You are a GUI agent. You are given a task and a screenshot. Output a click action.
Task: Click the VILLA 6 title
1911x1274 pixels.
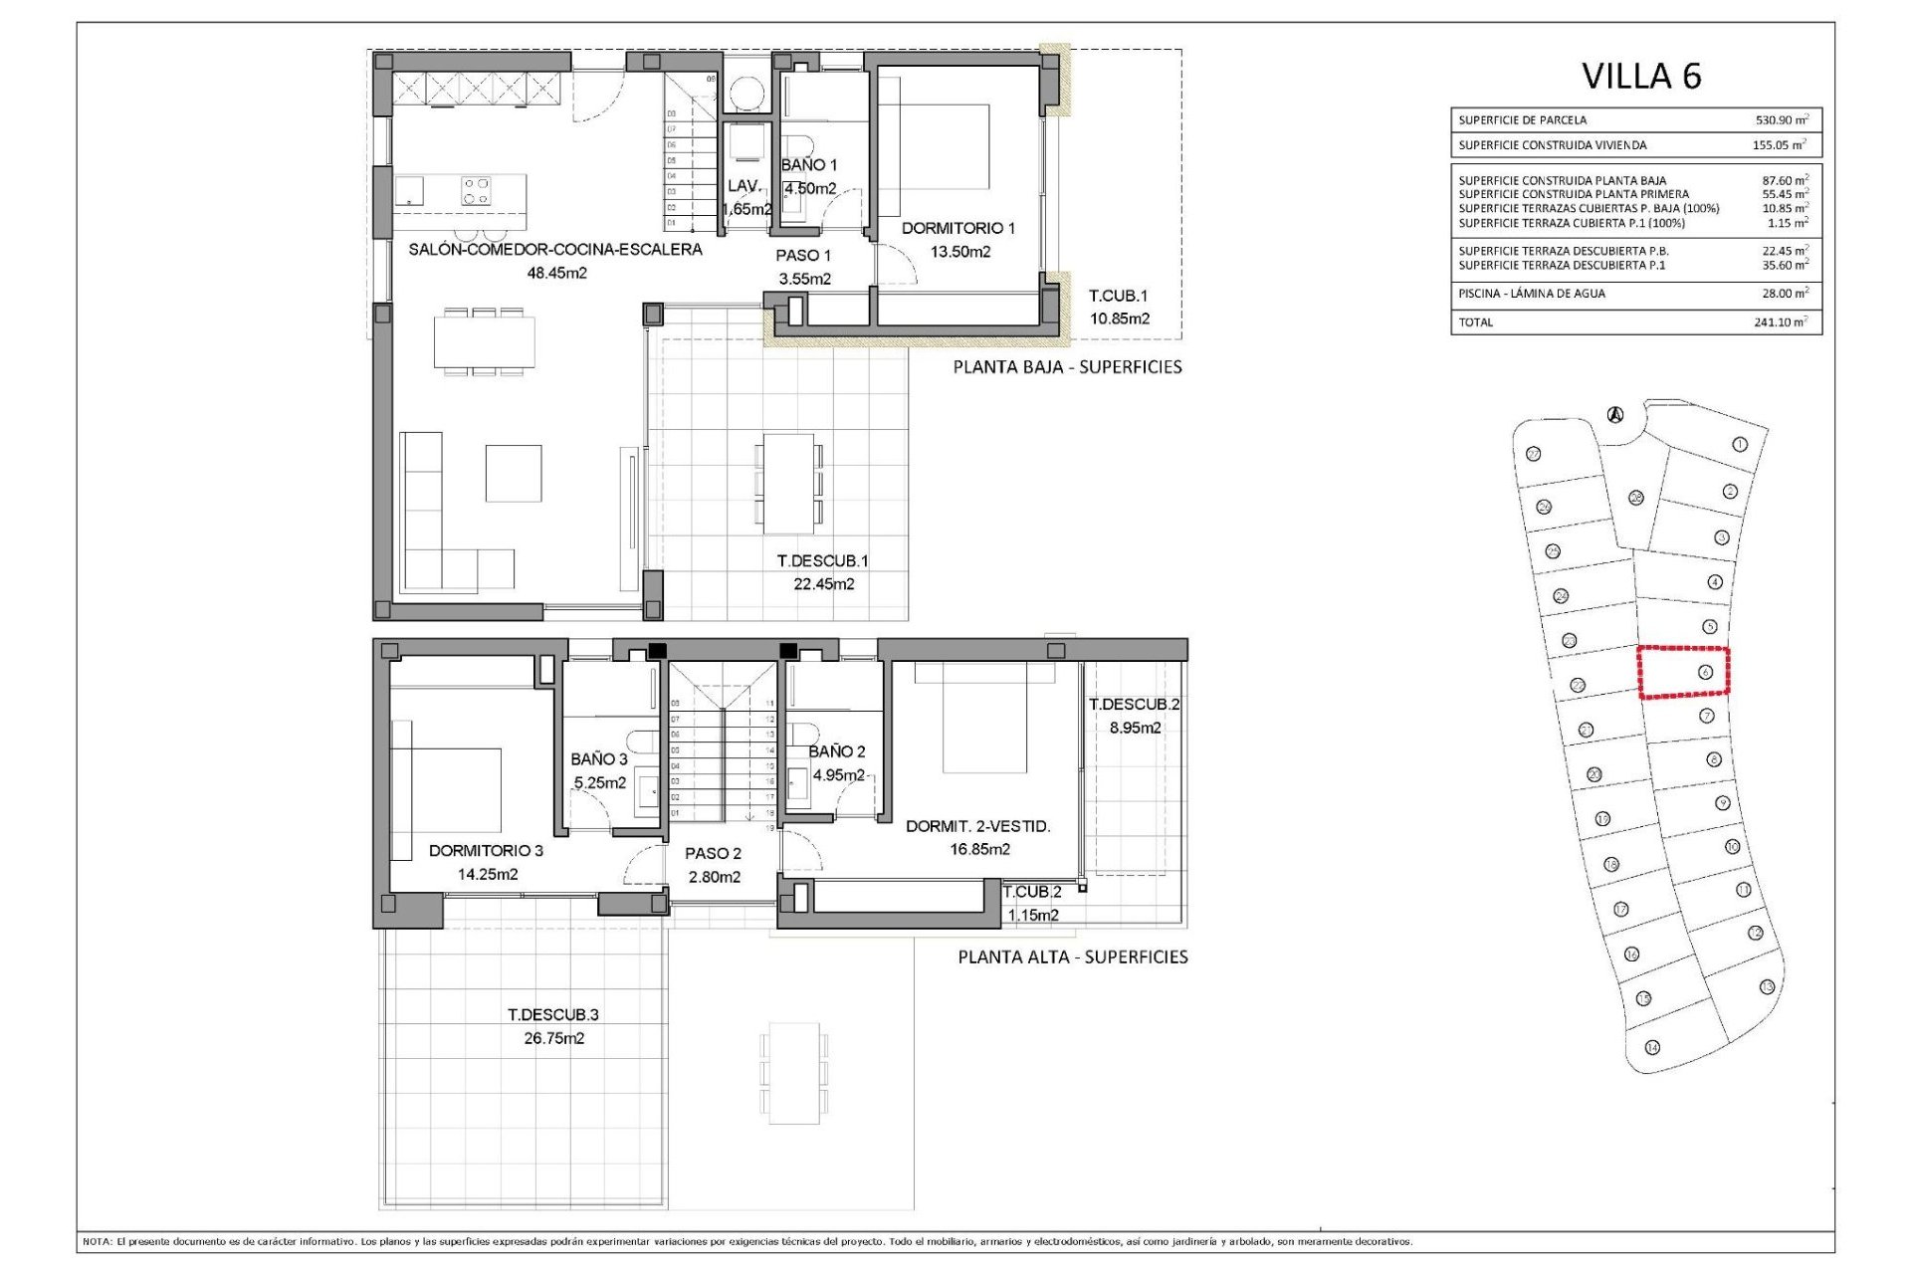tap(1641, 77)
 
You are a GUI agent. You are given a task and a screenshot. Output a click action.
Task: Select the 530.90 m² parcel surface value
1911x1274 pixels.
tap(1781, 120)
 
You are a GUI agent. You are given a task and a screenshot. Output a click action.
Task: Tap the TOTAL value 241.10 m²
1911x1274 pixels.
tap(1780, 322)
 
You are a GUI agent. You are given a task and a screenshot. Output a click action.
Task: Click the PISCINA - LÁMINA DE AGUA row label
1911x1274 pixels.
tap(1531, 294)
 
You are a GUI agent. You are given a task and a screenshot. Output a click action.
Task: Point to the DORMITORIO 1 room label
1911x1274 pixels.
tap(957, 229)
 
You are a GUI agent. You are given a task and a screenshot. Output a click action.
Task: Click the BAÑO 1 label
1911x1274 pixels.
tap(808, 165)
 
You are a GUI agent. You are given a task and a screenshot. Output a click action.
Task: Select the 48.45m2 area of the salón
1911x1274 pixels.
tap(556, 273)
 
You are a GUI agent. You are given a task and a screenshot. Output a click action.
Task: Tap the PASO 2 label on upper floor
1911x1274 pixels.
tap(713, 854)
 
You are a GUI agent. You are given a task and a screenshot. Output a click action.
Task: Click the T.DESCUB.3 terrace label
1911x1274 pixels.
tap(552, 1015)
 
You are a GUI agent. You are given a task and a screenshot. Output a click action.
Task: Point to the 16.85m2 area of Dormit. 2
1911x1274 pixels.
tap(979, 850)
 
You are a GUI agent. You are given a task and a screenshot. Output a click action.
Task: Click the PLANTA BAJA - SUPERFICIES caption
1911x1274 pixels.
tap(1067, 367)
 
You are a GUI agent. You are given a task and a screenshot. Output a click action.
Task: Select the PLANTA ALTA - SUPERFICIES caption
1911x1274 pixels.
tap(1072, 957)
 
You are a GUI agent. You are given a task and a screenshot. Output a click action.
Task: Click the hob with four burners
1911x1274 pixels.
tap(476, 191)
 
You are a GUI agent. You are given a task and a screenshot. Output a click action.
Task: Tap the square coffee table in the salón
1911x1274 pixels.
tap(514, 474)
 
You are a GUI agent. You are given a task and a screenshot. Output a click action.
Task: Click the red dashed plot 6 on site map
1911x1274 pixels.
tap(1683, 672)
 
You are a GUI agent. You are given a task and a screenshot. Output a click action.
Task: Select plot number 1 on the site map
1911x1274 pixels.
tap(1740, 445)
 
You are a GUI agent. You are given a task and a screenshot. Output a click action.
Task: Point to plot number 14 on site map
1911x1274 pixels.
tap(1652, 1048)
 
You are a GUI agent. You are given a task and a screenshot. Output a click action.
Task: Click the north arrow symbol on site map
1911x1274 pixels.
tap(1615, 415)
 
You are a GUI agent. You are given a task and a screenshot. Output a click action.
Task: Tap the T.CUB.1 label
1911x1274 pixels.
tap(1118, 297)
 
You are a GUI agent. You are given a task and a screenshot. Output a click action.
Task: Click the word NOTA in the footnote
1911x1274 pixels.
tap(97, 1242)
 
